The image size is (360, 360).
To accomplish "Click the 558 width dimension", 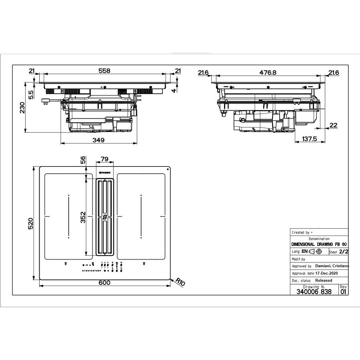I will pos(104,71).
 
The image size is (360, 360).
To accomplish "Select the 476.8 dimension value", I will pos(268,72).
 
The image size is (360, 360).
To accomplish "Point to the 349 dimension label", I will pos(98,140).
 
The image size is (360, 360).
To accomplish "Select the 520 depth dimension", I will pos(31,224).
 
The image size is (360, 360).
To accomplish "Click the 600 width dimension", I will pos(104,283).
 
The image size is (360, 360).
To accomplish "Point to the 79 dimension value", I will pos(104,159).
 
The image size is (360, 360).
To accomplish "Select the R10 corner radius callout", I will pos(181,282).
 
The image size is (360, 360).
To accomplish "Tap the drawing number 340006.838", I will pos(314,292).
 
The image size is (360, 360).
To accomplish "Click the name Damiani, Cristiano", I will pos(332,266).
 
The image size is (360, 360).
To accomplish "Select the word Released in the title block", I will pos(324,280).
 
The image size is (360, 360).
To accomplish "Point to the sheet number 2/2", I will pos(343,252).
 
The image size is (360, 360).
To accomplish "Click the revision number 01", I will pos(343,292).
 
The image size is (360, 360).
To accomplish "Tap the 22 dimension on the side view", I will pos(333,125).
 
